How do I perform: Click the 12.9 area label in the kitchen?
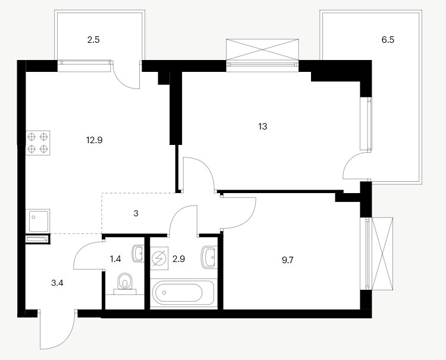coord(95,140)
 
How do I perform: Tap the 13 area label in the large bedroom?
coord(262,126)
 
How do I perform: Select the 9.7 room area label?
coord(288,260)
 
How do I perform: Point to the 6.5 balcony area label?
coord(388,40)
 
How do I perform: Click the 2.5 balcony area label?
coord(93,40)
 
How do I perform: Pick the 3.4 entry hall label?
coord(57,283)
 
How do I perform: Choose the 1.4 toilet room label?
coord(115,259)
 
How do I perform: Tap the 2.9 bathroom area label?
coord(178,259)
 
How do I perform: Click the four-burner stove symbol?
coord(38,143)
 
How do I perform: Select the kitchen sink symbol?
coord(38,221)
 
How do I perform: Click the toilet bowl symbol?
coord(125,283)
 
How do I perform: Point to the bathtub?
coord(183,293)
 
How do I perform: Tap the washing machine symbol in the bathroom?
coord(159,258)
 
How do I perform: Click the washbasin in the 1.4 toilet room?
coord(138,254)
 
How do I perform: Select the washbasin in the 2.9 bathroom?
coord(209,257)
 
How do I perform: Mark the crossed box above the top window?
coord(262,49)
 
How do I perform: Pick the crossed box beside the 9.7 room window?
coord(382,254)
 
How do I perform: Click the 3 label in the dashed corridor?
coord(136,213)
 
